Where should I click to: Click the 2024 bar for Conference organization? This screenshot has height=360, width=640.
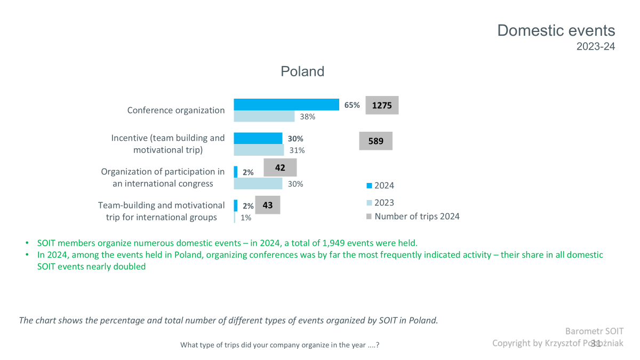(x=286, y=105)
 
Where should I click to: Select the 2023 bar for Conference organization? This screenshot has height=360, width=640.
(x=264, y=116)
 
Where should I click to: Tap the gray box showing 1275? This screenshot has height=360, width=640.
(x=382, y=106)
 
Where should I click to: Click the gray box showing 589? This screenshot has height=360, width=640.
(x=375, y=141)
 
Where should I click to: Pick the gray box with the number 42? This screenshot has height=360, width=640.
(x=280, y=167)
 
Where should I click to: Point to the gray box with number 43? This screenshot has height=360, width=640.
(x=268, y=205)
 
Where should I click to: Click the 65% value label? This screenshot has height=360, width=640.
(x=352, y=105)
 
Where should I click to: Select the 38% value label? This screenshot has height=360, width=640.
(x=307, y=117)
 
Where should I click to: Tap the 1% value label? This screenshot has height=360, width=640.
(x=246, y=218)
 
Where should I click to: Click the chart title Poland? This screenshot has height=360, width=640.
(x=302, y=71)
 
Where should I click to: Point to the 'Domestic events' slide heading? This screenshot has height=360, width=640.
(x=556, y=30)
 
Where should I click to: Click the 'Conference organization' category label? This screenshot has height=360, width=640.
(x=176, y=110)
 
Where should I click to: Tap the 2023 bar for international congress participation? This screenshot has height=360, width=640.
(x=258, y=183)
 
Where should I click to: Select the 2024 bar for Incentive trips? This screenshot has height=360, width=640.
(x=258, y=138)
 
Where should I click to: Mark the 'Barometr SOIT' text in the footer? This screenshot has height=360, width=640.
(x=594, y=331)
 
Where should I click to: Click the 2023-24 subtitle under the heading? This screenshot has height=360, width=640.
(x=596, y=46)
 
